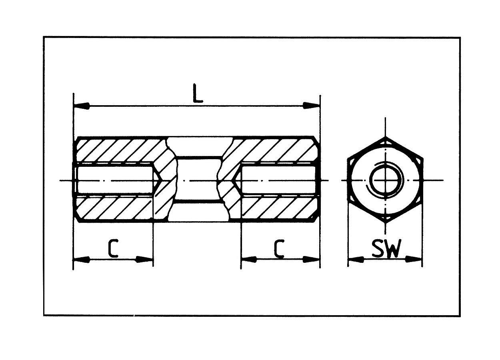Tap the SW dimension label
(386, 249)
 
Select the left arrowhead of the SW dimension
(356, 260)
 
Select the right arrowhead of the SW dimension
(414, 260)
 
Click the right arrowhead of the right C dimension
(312, 260)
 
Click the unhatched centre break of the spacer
(198, 180)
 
